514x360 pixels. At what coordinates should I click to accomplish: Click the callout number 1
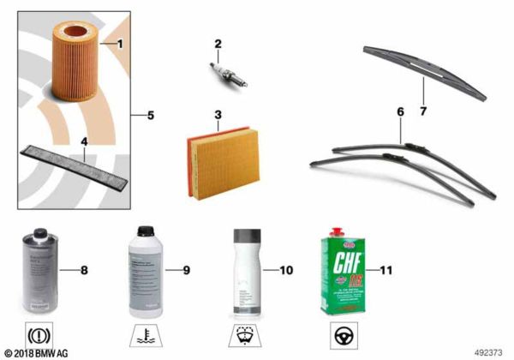click(120, 42)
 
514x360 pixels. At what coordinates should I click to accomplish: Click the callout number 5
click(150, 115)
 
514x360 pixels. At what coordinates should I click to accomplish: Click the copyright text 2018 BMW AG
click(38, 352)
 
